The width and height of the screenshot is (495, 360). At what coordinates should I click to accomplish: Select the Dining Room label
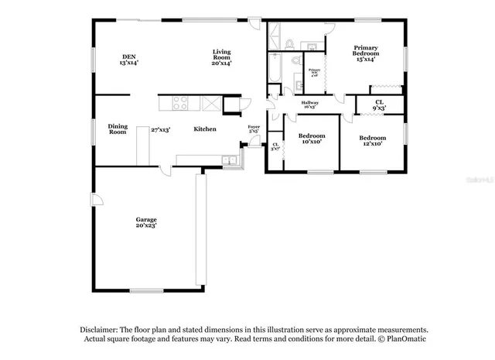117,129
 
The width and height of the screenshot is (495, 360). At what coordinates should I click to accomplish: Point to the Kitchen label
204,129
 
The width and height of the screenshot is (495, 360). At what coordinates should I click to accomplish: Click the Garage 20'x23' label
146,222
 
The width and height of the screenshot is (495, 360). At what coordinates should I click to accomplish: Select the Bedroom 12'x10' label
371,139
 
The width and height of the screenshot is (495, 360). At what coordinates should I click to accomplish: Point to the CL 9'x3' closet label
379,105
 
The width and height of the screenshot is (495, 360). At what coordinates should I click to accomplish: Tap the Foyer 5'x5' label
253,129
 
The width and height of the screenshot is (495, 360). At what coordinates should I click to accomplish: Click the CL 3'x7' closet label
275,146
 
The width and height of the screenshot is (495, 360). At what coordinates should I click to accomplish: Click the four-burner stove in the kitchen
180,103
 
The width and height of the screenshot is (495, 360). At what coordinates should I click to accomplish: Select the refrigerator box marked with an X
210,103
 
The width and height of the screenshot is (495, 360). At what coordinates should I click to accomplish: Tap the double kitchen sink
229,160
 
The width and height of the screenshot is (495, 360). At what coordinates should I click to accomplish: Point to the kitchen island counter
143,146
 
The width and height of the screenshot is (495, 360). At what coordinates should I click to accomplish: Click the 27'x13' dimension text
160,129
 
